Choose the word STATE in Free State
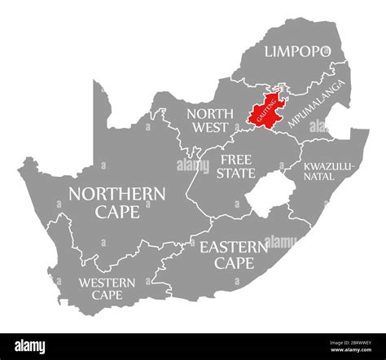[x=237, y=173]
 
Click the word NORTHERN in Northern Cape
[x=118, y=194]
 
